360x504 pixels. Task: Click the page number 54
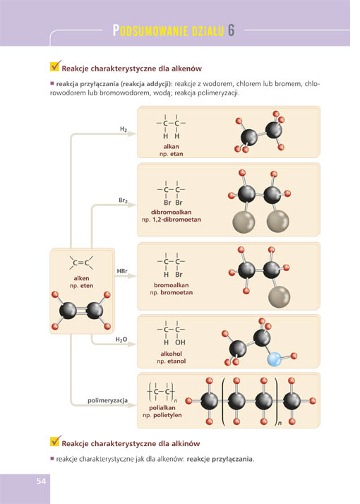[x=41, y=481]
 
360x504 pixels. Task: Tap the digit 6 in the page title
[x=232, y=30]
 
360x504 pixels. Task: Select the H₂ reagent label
[x=124, y=129]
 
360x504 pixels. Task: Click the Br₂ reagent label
[x=123, y=200]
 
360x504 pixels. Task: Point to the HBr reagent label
[x=122, y=271]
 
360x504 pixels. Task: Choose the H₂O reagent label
[x=121, y=340]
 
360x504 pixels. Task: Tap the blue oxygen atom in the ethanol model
[x=274, y=359]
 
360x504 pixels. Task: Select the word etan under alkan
[x=176, y=154]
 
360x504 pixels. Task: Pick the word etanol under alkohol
[x=176, y=361]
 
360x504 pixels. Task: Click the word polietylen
[x=167, y=415]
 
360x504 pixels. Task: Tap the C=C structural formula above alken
[x=81, y=263]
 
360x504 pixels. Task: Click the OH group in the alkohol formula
[x=180, y=342]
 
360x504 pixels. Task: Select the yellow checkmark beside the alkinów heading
[x=56, y=440]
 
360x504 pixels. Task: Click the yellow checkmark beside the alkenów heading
[x=56, y=66]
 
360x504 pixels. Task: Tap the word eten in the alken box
[x=87, y=286]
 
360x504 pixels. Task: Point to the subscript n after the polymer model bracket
[x=280, y=424]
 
